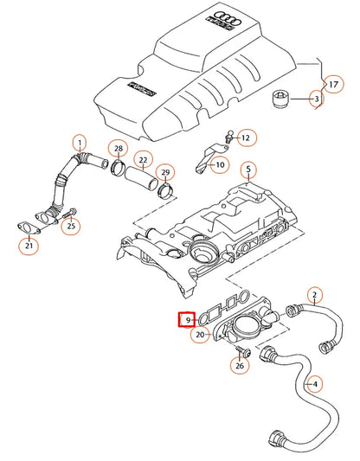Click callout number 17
click(x=330, y=84)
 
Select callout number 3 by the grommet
click(x=317, y=100)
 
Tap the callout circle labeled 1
click(x=79, y=143)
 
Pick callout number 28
click(x=118, y=150)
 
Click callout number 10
click(x=219, y=164)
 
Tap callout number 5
click(x=247, y=169)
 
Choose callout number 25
click(x=72, y=227)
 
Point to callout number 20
click(x=200, y=335)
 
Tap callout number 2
click(x=315, y=295)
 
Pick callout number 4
click(x=315, y=384)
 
